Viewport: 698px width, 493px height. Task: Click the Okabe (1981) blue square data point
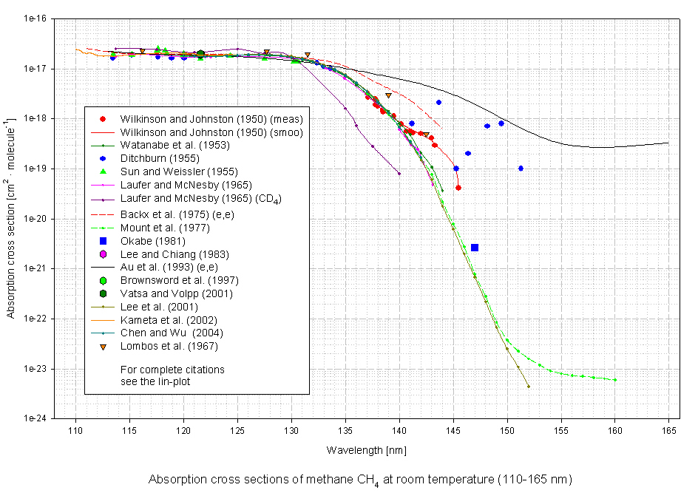[x=475, y=248]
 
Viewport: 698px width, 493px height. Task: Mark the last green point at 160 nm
[x=615, y=380]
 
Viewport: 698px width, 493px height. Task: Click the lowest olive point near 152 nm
[x=529, y=386]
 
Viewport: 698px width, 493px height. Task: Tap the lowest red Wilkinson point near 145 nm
[x=458, y=188]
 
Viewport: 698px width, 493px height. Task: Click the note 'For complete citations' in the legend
[x=172, y=369]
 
